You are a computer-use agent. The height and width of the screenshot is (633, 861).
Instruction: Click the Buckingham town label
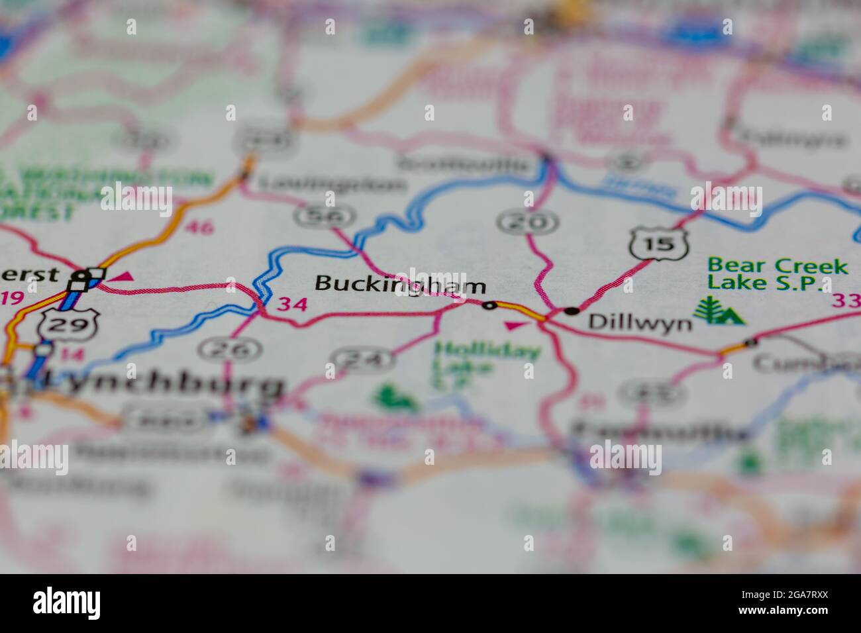(x=400, y=285)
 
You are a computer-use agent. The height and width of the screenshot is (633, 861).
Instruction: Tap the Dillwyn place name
(x=640, y=322)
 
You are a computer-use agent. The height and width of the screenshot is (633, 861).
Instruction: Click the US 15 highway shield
(x=660, y=244)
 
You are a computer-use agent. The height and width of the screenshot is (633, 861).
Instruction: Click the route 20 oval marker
(x=528, y=222)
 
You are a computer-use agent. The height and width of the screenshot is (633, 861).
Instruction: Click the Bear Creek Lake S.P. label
(x=776, y=274)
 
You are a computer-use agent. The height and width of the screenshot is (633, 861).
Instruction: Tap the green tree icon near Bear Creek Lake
(x=719, y=311)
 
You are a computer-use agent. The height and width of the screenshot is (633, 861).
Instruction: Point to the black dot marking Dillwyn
(x=572, y=310)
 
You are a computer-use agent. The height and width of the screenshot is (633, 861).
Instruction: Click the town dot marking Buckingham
(x=489, y=305)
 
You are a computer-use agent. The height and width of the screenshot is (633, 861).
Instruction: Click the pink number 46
(x=199, y=228)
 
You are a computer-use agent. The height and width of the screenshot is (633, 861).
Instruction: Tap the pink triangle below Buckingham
(x=513, y=325)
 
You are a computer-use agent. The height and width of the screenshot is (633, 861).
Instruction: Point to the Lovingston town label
(x=330, y=183)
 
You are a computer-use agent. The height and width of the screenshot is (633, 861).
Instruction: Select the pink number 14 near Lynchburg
(x=76, y=354)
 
